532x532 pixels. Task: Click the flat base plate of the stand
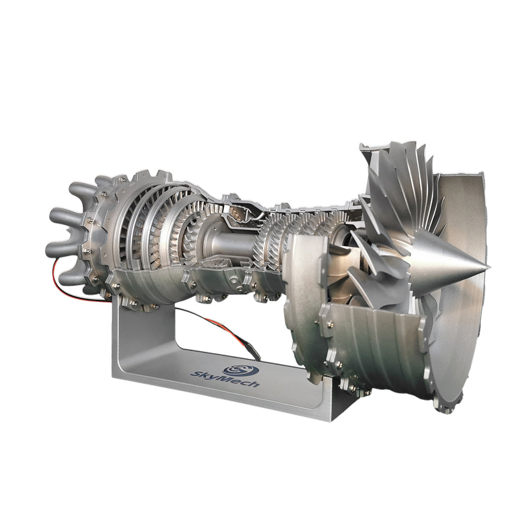232,387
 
